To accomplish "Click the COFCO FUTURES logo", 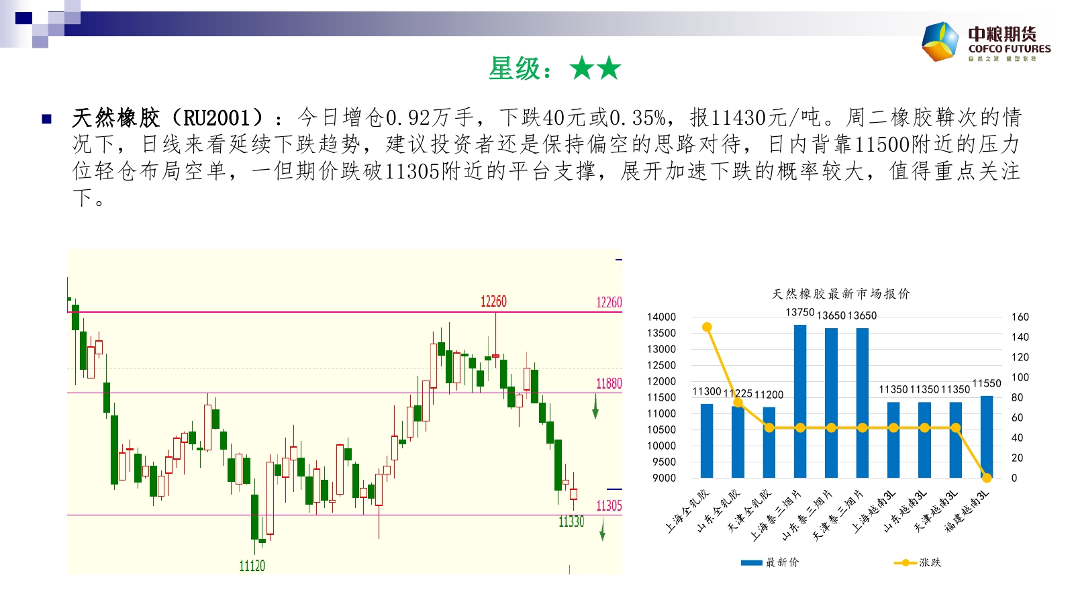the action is click(x=986, y=42).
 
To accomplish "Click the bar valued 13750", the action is click(x=799, y=401).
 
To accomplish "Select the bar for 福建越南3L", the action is click(x=986, y=437).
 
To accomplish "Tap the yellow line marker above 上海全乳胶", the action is click(x=707, y=327).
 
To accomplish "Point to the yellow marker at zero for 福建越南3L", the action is click(x=986, y=477).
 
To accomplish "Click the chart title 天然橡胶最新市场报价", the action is click(x=841, y=294).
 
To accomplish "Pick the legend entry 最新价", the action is click(x=770, y=562).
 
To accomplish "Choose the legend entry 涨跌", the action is click(x=918, y=562).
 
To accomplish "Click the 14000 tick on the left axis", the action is click(x=661, y=317).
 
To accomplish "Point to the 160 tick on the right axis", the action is click(x=1020, y=317).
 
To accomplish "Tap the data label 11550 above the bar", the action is click(x=986, y=383).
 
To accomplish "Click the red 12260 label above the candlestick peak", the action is click(x=493, y=301).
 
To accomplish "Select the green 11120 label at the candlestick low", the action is click(x=252, y=566).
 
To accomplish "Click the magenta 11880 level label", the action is click(x=609, y=383).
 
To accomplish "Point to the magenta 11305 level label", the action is click(x=609, y=505).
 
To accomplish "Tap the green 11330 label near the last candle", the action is click(x=571, y=521).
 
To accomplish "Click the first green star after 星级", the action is click(x=582, y=68).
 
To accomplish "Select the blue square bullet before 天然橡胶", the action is click(x=46, y=118).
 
